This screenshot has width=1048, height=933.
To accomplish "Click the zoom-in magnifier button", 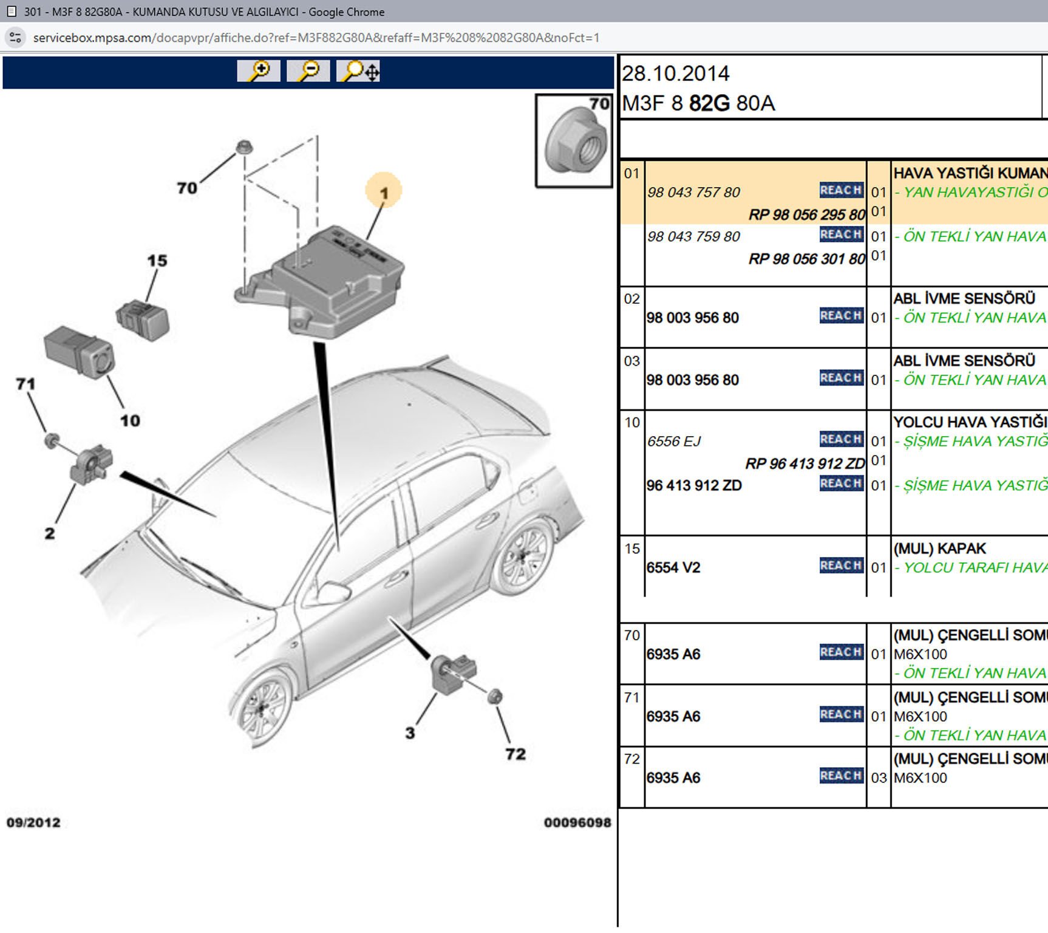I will coord(259,71).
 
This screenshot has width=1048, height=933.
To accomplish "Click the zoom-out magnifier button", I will coord(308,71).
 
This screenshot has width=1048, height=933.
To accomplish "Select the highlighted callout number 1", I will coord(384,192).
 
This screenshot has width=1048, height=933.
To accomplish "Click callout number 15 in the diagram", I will coord(157,261).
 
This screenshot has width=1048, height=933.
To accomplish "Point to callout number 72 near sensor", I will coord(515,754).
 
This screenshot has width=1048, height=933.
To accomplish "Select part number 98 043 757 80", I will coord(693,193).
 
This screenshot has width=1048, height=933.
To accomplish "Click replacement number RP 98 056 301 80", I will coord(806,259).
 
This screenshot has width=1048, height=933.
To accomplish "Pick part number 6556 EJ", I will coord(674,442).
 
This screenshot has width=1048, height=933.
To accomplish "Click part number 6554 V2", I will coord(673,568).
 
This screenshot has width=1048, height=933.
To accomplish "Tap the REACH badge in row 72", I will coord(841,776).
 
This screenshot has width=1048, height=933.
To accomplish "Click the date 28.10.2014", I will coord(675,73).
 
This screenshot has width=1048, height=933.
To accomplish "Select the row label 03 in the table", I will coord(631,361).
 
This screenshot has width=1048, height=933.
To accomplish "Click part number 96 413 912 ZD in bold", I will coord(694,485).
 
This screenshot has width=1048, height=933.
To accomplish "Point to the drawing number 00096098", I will coord(577,822).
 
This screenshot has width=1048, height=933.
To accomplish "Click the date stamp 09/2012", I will coord(33,822).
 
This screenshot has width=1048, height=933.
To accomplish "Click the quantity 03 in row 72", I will coord(879,778).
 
